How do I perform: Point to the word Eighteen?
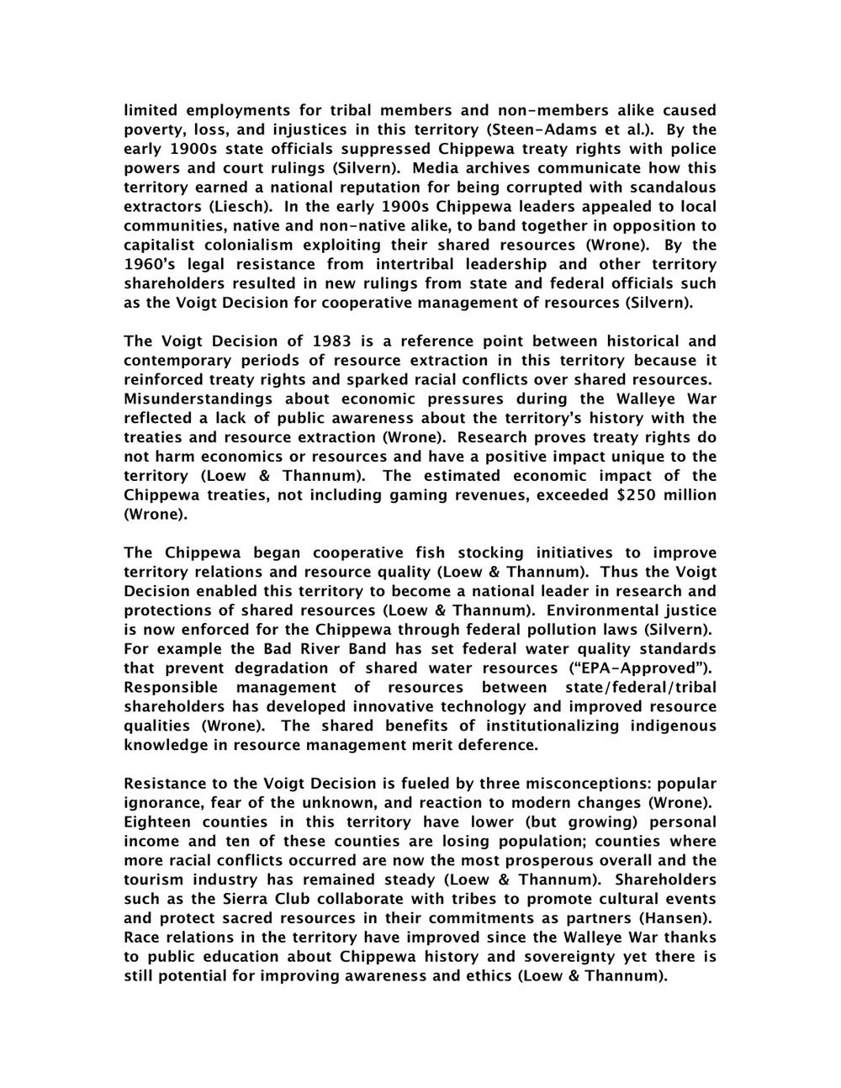[x=161, y=822]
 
